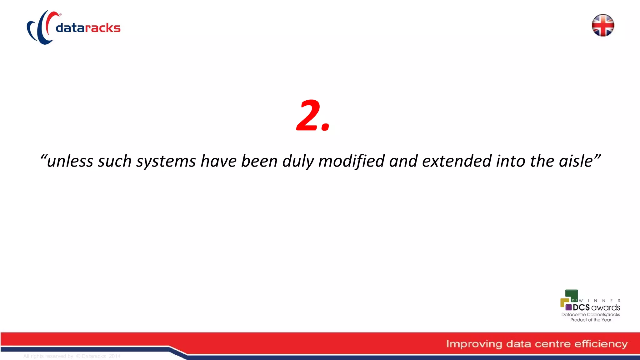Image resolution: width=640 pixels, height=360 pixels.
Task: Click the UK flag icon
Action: pyautogui.click(x=603, y=25)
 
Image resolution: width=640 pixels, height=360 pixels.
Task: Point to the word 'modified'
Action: pyautogui.click(x=351, y=161)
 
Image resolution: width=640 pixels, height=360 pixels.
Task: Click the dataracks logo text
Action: pyautogui.click(x=88, y=28)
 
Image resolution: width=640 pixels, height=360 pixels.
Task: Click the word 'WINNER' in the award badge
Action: pyautogui.click(x=599, y=301)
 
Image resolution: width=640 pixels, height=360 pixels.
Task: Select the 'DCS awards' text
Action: pyautogui.click(x=596, y=307)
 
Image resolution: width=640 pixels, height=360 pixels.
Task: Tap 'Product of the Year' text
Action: pyautogui.click(x=591, y=320)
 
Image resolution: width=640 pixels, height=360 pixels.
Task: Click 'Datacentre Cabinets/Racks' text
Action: pyautogui.click(x=591, y=314)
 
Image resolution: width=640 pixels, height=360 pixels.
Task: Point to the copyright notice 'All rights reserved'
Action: pyautogui.click(x=48, y=356)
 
